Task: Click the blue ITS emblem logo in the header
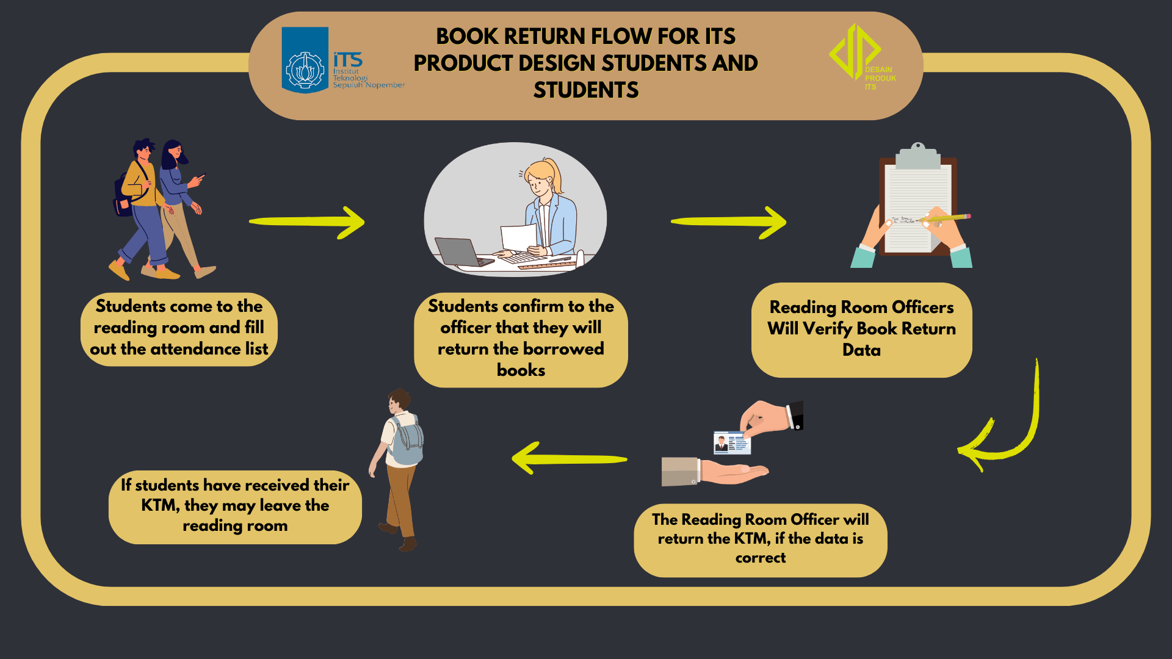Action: (x=305, y=60)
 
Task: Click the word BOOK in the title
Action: (x=467, y=37)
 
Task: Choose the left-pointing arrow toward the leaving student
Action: (x=569, y=459)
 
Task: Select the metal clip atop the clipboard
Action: (x=917, y=156)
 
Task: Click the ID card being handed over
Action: (x=732, y=443)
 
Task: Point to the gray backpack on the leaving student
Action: (x=407, y=441)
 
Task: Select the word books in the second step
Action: (x=521, y=370)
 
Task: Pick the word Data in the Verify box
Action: (x=861, y=350)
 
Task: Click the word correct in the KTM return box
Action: (x=760, y=558)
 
